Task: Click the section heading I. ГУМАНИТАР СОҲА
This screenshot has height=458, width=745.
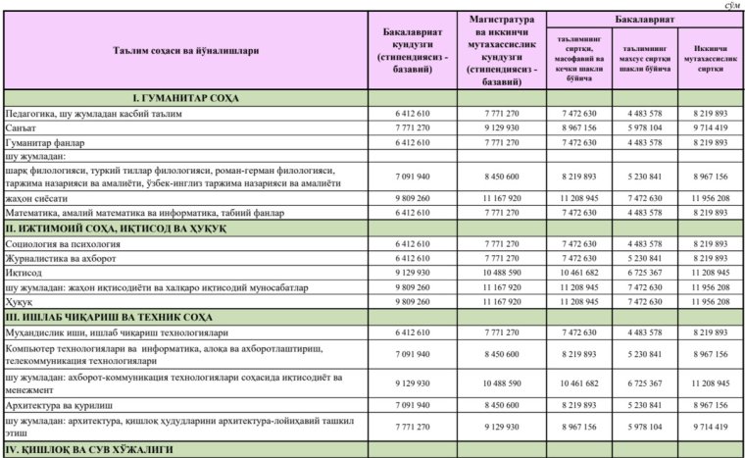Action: point(185,99)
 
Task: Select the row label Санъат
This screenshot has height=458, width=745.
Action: point(21,127)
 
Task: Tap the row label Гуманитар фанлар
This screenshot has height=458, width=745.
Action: point(40,141)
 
